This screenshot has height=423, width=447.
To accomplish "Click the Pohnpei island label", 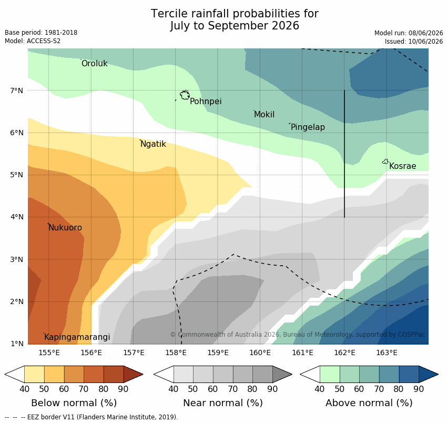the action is [206, 101].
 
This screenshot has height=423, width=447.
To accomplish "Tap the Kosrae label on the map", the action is [402, 166].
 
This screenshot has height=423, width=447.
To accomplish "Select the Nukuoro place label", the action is [65, 228].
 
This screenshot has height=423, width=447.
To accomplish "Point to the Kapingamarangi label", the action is [77, 337].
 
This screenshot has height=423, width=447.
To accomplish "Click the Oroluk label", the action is [95, 63].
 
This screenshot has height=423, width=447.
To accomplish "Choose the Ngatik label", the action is [153, 144].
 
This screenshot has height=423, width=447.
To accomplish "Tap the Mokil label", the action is [265, 115].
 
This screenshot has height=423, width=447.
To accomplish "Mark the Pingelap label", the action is [308, 127].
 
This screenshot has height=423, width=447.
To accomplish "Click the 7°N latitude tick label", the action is [16, 90].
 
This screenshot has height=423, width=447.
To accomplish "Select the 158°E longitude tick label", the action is [176, 353].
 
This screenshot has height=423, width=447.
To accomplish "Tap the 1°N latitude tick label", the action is [16, 344].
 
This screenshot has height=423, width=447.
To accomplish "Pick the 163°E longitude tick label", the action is [387, 353].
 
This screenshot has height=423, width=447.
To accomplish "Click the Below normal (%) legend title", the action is [74, 403].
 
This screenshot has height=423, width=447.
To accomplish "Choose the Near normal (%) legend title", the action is [222, 403].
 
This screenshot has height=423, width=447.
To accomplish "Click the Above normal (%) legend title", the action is [369, 403].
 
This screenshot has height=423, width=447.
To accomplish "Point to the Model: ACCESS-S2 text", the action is [33, 41].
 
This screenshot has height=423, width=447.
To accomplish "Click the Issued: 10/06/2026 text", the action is [414, 42].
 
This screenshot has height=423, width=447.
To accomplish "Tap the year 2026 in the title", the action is [286, 26].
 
